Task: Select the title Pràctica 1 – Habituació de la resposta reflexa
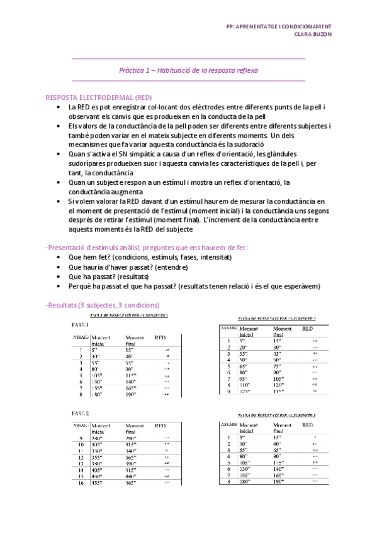188,71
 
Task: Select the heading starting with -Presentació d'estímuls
147,248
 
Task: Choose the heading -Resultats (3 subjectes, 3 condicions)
103,305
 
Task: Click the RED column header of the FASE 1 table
160,338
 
